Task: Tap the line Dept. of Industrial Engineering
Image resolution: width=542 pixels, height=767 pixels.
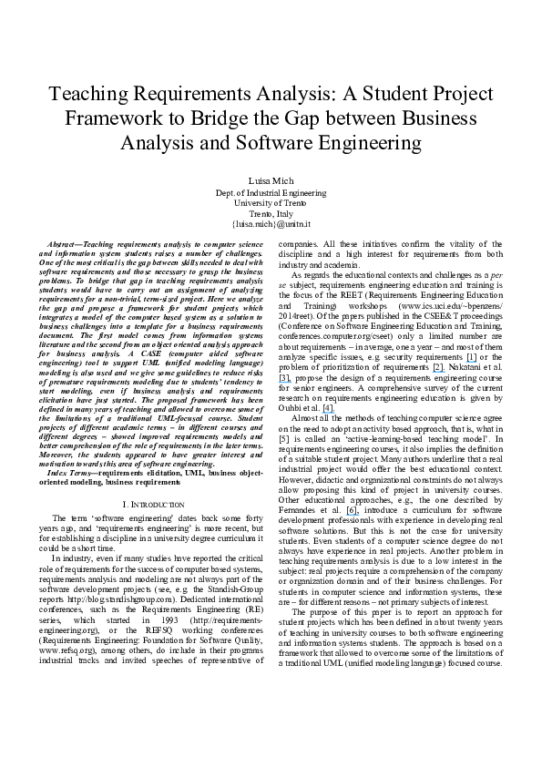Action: [x=271, y=194]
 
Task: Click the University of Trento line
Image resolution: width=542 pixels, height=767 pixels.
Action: [x=271, y=203]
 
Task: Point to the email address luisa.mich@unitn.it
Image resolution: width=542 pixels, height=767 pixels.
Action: [x=271, y=223]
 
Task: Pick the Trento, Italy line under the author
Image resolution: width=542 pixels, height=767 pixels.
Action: [x=271, y=213]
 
